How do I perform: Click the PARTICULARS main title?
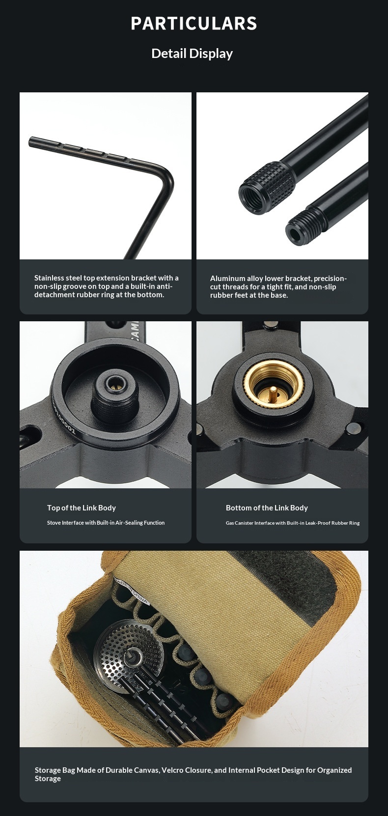194,23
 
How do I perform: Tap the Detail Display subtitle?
192,54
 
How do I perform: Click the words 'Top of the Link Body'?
81,508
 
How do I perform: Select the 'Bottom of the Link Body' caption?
267,508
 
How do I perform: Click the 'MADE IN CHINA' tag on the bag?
131,590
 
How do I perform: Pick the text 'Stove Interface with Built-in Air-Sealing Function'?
106,523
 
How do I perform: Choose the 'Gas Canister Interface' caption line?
293,523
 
